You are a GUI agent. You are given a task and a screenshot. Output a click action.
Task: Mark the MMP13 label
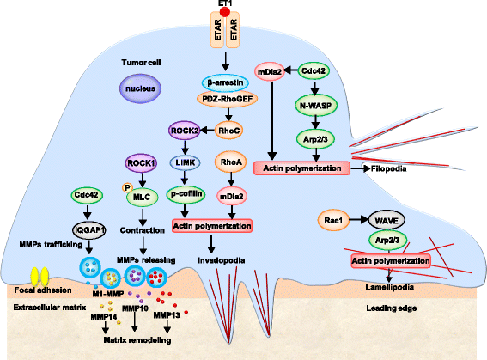tap(167, 317)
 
